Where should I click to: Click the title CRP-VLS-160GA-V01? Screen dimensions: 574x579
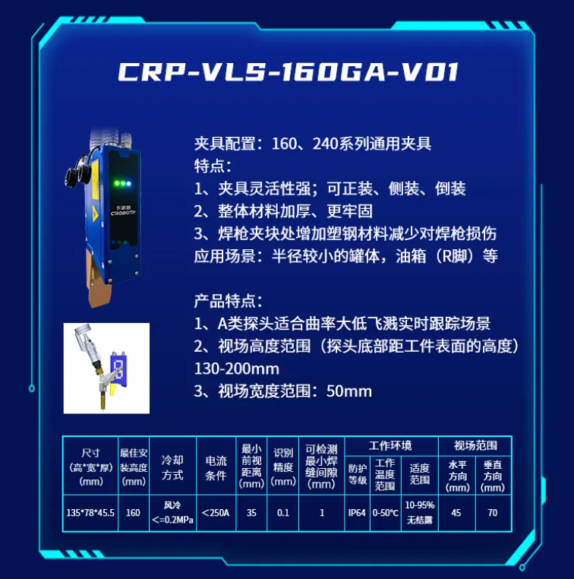pyautogui.click(x=289, y=71)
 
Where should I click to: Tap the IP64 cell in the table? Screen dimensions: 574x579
pyautogui.click(x=357, y=513)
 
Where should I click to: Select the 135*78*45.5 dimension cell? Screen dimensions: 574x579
pyautogui.click(x=90, y=513)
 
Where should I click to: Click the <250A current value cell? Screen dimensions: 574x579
pyautogui.click(x=216, y=513)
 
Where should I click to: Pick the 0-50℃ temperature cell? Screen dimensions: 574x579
pyautogui.click(x=385, y=513)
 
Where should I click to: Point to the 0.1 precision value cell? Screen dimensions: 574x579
pyautogui.click(x=283, y=513)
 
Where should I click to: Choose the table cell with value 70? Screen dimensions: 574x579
pyautogui.click(x=493, y=513)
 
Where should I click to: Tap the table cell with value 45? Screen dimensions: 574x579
pyautogui.click(x=456, y=513)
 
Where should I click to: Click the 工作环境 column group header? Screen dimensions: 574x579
pyautogui.click(x=391, y=446)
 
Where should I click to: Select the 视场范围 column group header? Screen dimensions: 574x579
pyautogui.click(x=475, y=446)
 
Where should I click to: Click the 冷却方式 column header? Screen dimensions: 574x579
pyautogui.click(x=172, y=467)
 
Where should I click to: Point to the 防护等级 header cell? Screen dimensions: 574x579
pyautogui.click(x=357, y=474)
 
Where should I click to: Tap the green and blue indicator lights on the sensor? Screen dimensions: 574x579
pyautogui.click(x=122, y=183)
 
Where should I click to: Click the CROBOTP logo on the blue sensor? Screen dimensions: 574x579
pyautogui.click(x=123, y=213)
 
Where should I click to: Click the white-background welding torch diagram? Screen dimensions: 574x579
pyautogui.click(x=106, y=369)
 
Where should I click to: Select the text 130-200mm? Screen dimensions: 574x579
pyautogui.click(x=236, y=369)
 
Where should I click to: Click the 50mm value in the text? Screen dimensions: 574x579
pyautogui.click(x=349, y=391)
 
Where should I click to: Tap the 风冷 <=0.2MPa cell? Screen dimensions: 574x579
pyautogui.click(x=172, y=513)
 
